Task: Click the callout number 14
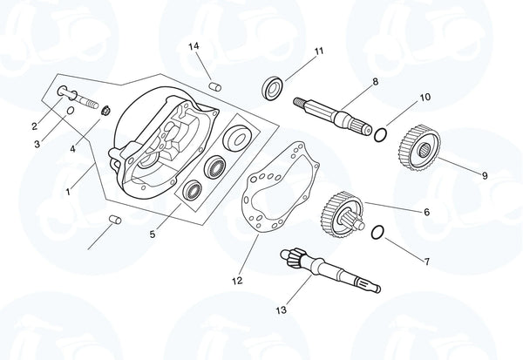tap(194, 45)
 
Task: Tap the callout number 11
tap(318, 51)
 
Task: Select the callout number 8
tap(375, 81)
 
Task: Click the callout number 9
tap(485, 175)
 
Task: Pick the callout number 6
tap(426, 212)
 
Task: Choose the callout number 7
tap(426, 261)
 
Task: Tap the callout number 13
tap(281, 309)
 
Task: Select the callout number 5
tap(153, 234)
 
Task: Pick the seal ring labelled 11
tap(274, 85)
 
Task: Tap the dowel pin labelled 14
tap(215, 85)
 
